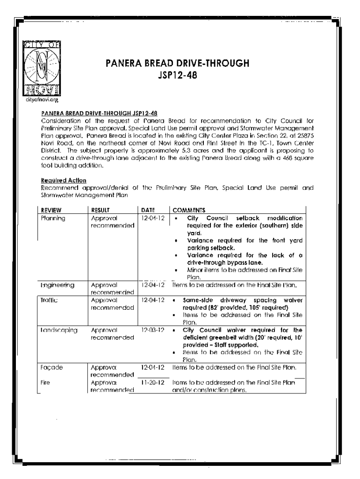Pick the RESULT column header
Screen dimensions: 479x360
(x=100, y=210)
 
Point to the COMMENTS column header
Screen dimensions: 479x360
(x=189, y=210)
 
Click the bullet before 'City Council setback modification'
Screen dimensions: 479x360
(x=175, y=218)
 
